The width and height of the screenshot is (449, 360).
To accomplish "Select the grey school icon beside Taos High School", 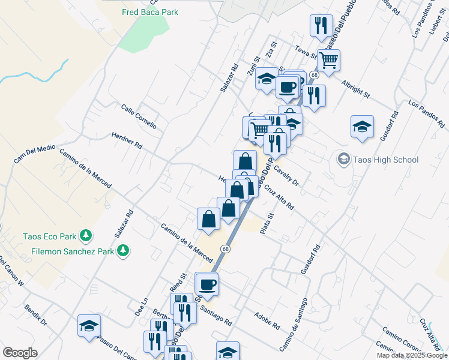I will (343, 159).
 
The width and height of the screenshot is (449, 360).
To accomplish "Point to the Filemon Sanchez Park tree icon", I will (123, 250).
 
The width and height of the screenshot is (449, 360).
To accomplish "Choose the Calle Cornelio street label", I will (139, 117).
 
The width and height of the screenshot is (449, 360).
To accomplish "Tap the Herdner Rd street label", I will (127, 141).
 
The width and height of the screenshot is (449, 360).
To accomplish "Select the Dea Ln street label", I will (141, 308).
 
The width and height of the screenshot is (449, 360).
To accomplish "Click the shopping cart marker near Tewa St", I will (328, 60).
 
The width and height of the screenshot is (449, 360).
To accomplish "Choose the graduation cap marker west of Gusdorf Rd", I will (362, 127).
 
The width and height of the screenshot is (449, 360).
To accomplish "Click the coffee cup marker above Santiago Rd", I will (208, 284).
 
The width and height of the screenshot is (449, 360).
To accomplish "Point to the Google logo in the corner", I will (20, 353).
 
